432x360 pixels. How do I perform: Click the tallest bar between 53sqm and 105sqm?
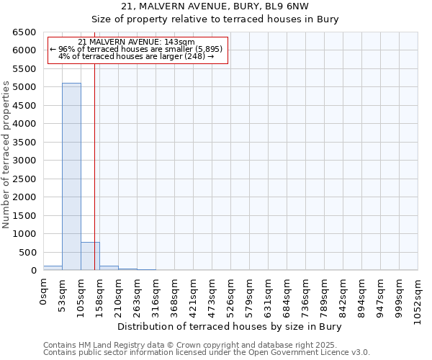click(x=71, y=176)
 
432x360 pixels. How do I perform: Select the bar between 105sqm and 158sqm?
click(x=90, y=256)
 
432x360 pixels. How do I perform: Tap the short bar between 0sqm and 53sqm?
click(x=53, y=268)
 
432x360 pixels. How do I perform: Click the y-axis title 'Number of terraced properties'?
click(x=6, y=155)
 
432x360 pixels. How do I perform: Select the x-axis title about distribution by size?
click(x=229, y=326)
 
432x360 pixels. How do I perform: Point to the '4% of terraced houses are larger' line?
click(x=136, y=56)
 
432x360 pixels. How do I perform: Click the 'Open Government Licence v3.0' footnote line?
click(x=207, y=353)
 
